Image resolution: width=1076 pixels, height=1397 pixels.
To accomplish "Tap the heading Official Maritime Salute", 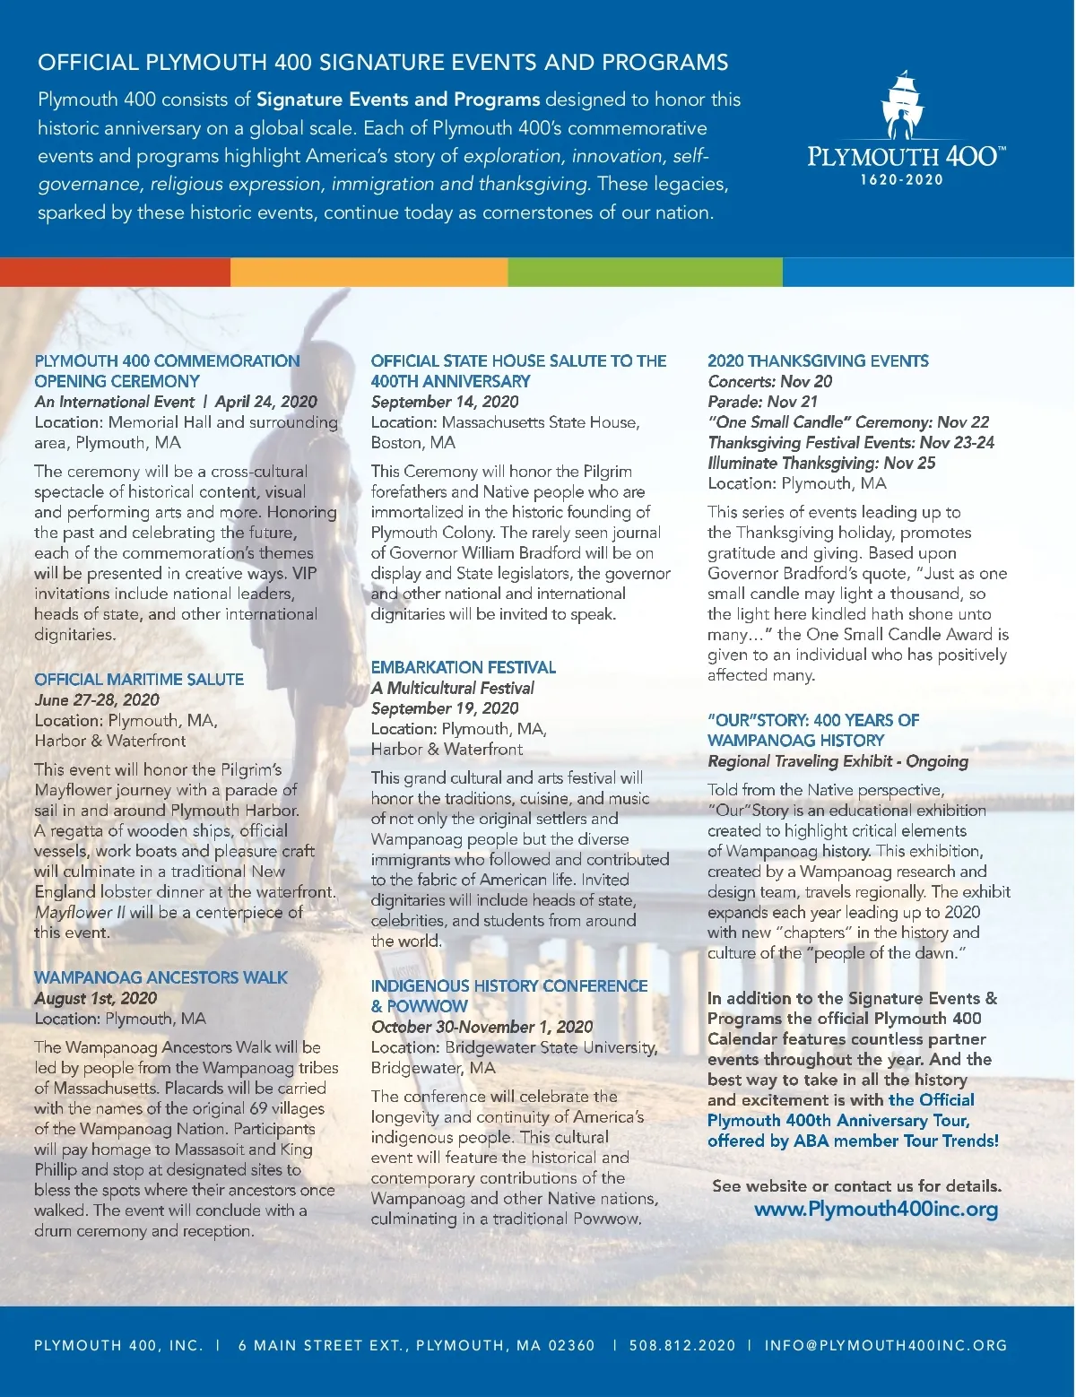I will click(139, 679).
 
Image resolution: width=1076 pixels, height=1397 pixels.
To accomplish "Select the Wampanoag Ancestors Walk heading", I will click(161, 977).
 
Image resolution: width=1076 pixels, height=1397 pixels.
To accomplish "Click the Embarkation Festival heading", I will click(464, 667).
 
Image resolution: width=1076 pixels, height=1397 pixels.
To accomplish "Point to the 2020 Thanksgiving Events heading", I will click(818, 360).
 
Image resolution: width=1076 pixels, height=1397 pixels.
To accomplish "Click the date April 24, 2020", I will click(266, 402).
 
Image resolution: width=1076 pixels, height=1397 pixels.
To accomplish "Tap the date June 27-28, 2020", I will click(97, 699).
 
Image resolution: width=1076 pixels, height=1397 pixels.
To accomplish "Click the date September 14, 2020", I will click(445, 402).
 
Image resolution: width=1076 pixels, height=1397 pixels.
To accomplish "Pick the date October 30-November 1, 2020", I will click(482, 1027).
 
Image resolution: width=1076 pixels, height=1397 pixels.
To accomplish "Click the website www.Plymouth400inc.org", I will click(876, 1209).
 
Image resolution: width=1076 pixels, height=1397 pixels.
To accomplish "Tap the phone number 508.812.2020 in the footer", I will click(682, 1345).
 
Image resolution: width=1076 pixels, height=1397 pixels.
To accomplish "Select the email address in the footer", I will click(886, 1345).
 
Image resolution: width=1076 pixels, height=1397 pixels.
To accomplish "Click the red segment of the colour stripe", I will click(115, 272).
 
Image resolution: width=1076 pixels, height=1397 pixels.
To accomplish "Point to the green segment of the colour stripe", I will click(645, 272).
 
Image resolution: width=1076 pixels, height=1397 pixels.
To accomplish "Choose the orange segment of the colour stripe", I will click(369, 272).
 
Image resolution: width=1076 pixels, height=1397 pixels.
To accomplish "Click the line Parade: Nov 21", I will click(763, 402).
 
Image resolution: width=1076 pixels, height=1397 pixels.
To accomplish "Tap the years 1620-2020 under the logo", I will click(902, 179).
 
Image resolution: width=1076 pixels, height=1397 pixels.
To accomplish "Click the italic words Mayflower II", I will click(81, 912).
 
